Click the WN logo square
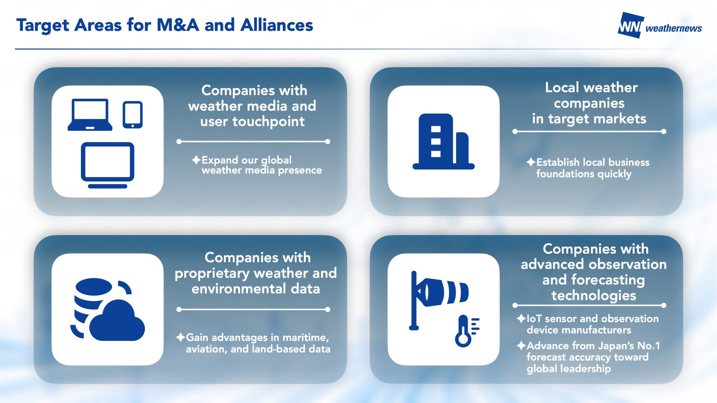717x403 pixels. tap(630, 25)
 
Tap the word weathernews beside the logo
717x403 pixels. tap(674, 28)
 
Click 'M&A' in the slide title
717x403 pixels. tap(178, 25)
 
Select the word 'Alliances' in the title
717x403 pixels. tap(277, 25)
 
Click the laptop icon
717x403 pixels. tap(90, 114)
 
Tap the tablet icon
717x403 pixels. tap(132, 115)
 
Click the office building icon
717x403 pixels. tap(444, 141)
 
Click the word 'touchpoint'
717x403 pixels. tap(268, 122)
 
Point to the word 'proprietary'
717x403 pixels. tap(212, 273)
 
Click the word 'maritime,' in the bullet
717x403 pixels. tap(306, 338)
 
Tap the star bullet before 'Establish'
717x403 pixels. tap(531, 162)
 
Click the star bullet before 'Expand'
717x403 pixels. tap(196, 160)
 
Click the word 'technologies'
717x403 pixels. tap(593, 296)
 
